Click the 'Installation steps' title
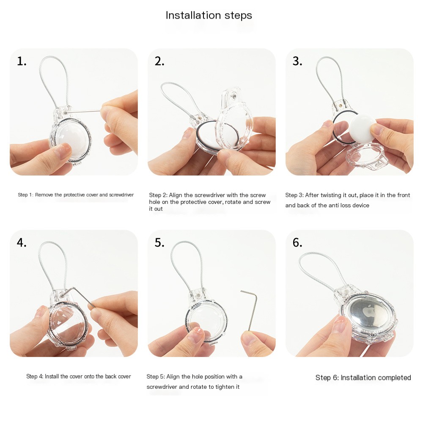(209, 15)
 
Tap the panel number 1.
(22, 61)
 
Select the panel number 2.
(159, 61)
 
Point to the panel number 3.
(297, 61)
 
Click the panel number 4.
(22, 242)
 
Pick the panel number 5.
(159, 242)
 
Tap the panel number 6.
(297, 242)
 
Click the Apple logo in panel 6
(369, 312)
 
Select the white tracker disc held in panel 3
(363, 129)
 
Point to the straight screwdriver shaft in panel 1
(83, 111)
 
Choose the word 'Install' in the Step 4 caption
(52, 376)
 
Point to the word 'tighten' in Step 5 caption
(217, 387)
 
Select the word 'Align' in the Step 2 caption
(176, 195)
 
